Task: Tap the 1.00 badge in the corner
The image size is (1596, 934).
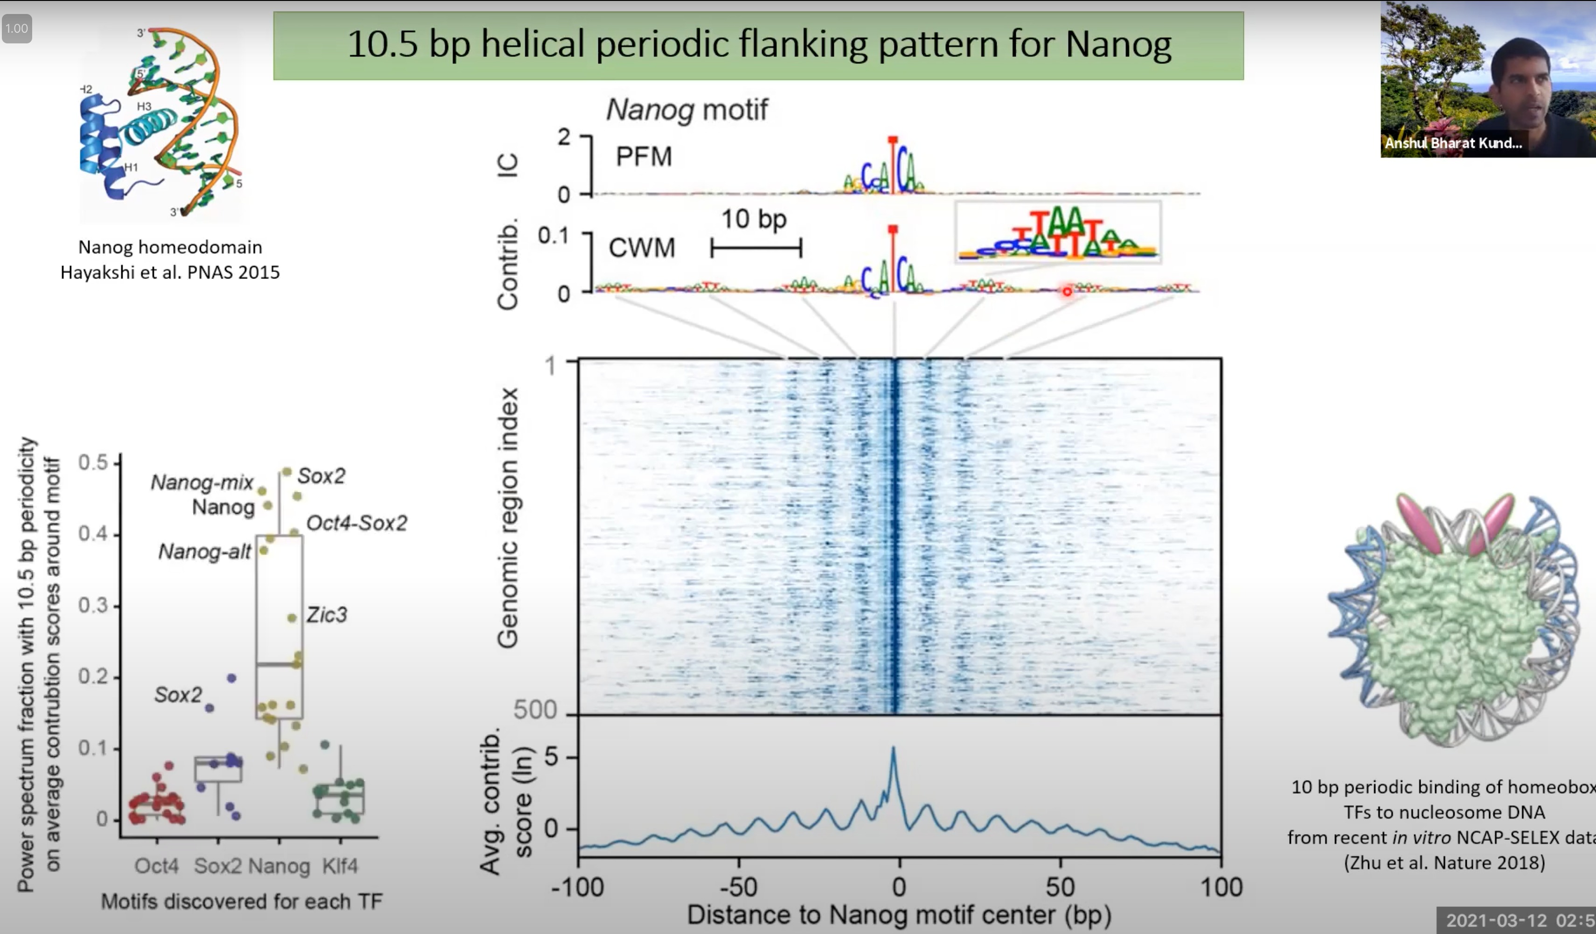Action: (x=16, y=28)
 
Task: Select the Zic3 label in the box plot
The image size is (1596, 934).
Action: (x=326, y=614)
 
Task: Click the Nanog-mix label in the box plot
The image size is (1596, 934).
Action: (x=202, y=483)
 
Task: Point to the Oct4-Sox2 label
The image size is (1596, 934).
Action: (x=357, y=523)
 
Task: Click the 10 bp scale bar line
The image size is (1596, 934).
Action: (x=756, y=248)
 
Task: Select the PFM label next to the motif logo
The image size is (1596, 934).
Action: (x=644, y=156)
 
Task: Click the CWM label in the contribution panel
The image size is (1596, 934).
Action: (x=642, y=248)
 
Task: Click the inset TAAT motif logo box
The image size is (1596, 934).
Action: (x=1058, y=232)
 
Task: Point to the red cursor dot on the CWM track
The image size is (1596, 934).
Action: (x=1067, y=292)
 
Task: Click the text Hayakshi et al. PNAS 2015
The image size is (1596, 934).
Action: (x=170, y=272)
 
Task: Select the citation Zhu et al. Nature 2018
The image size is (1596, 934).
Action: (x=1444, y=863)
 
